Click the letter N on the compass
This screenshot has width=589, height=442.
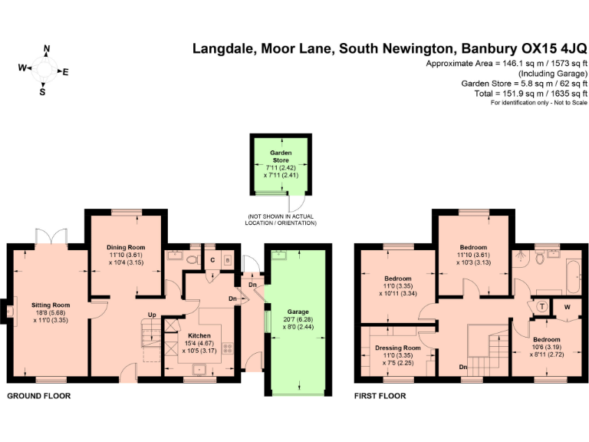[x=47, y=49]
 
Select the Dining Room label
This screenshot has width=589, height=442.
[x=126, y=247]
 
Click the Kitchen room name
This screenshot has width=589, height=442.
[x=195, y=335]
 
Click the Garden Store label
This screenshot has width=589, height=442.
[x=281, y=156]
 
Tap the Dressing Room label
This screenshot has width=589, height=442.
[x=397, y=348]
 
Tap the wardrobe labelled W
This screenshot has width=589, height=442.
[x=568, y=308]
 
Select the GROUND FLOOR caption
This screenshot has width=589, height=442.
[x=38, y=396]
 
